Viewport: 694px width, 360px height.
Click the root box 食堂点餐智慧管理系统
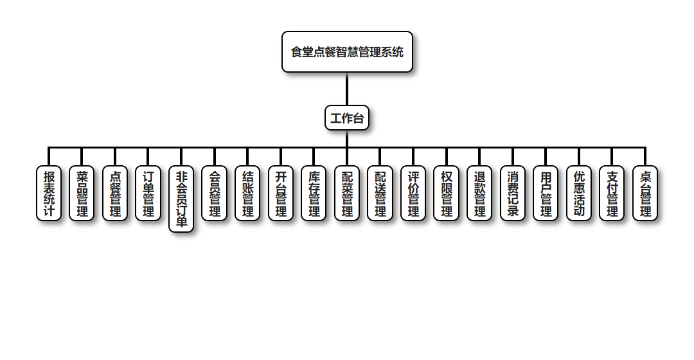347,52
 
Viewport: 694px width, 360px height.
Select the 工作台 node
347,118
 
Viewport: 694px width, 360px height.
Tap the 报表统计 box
49,194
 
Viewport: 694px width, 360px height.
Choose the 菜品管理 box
82,194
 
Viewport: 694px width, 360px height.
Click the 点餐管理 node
115,194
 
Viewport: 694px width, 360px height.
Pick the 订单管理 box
148,194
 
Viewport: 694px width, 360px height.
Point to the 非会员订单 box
181,199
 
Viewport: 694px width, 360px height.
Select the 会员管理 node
215,194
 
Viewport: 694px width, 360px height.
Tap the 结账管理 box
247,194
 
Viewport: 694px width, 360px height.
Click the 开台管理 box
281,194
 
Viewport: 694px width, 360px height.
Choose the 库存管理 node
314,194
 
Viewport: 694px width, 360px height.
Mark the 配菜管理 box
347,194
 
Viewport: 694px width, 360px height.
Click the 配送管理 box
380,194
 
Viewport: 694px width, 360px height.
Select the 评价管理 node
413,194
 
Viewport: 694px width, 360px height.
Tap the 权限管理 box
447,194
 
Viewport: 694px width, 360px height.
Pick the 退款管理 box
479,194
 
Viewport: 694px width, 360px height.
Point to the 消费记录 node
513,194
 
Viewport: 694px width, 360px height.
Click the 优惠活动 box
579,194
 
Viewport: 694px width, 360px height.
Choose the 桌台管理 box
645,194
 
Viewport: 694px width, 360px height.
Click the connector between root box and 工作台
347,89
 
